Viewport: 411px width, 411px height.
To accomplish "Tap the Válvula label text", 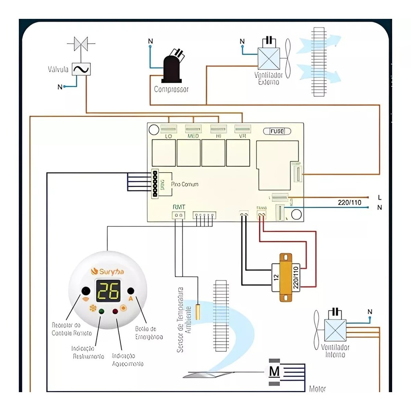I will point(58,70).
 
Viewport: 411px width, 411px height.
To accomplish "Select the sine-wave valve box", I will point(81,69).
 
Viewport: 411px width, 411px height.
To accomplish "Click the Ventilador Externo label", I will point(269,79).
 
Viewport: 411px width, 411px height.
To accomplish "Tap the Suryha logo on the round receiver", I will point(108,271).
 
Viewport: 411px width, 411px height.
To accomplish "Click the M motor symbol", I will point(274,372).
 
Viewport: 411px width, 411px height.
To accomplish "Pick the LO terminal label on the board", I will point(169,136).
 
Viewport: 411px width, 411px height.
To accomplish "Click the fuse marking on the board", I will point(277,131).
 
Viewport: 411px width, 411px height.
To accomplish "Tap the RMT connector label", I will point(179,207).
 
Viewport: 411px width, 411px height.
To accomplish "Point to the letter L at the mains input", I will point(379,197).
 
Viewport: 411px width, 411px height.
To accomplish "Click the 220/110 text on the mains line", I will point(349,203).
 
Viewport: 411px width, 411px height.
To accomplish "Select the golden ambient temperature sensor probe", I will point(198,311).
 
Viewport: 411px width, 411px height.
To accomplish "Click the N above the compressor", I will point(151,41).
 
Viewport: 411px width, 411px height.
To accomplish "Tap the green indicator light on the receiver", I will point(101,311).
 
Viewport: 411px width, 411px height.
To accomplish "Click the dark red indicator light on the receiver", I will point(115,311).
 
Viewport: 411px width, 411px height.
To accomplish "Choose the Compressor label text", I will point(171,90).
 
